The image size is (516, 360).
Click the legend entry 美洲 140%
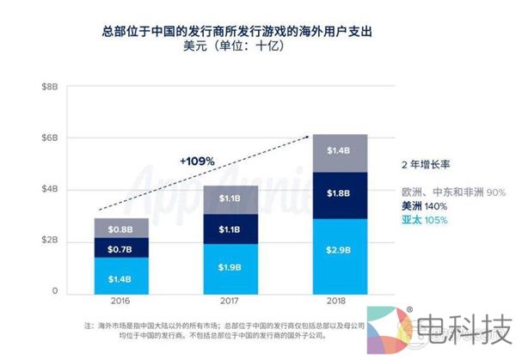click(x=423, y=206)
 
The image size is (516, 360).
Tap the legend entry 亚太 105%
click(x=423, y=221)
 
